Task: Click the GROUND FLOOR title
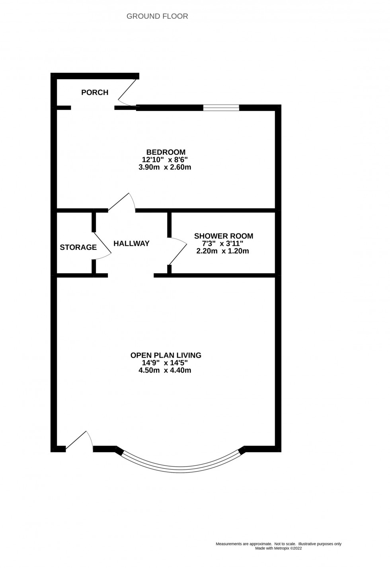click(x=157, y=16)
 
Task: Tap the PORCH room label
click(x=95, y=93)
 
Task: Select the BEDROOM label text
click(x=166, y=152)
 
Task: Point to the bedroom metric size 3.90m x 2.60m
click(x=165, y=167)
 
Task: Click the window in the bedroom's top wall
click(x=221, y=107)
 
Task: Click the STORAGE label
click(x=78, y=247)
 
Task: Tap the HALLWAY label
click(x=131, y=243)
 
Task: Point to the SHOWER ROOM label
click(x=223, y=236)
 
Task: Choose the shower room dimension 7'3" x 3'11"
click(x=223, y=243)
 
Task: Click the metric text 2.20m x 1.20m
click(x=223, y=251)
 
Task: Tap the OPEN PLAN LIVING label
click(x=166, y=355)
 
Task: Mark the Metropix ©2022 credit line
click(x=279, y=548)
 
